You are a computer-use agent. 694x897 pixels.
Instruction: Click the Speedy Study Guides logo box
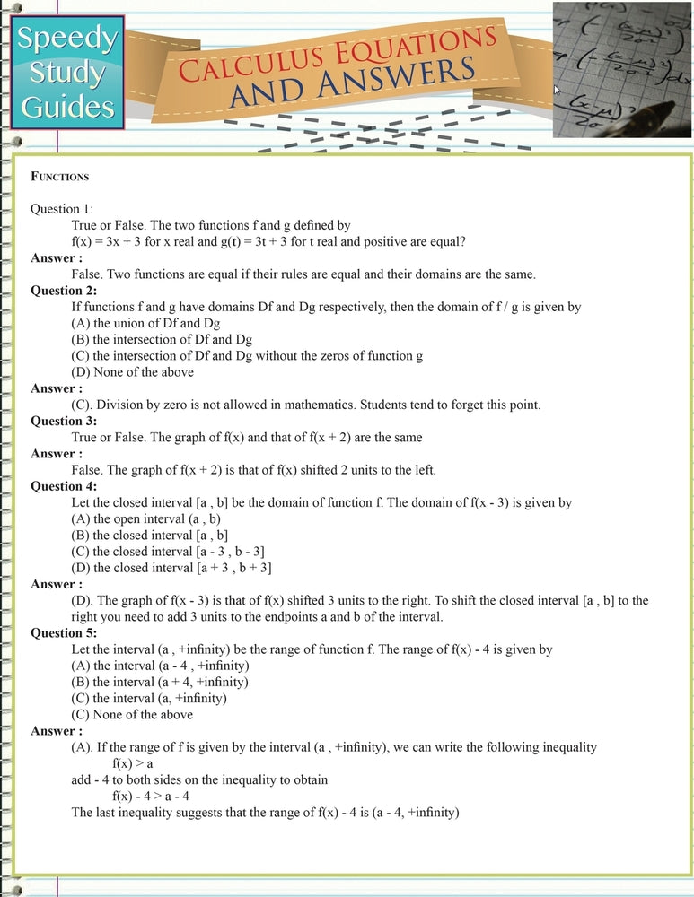tap(68, 73)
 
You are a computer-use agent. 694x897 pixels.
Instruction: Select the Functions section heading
tap(59, 177)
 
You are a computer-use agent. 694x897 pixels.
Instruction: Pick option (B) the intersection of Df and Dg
tap(162, 339)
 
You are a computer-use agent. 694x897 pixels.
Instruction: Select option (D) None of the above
tap(132, 371)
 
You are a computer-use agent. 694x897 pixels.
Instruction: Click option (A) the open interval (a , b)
tap(145, 518)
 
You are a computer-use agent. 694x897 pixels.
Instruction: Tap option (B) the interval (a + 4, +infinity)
tap(160, 682)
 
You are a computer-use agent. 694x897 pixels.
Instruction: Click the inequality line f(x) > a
tap(133, 763)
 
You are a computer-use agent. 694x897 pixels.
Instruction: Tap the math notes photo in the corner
tap(622, 68)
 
